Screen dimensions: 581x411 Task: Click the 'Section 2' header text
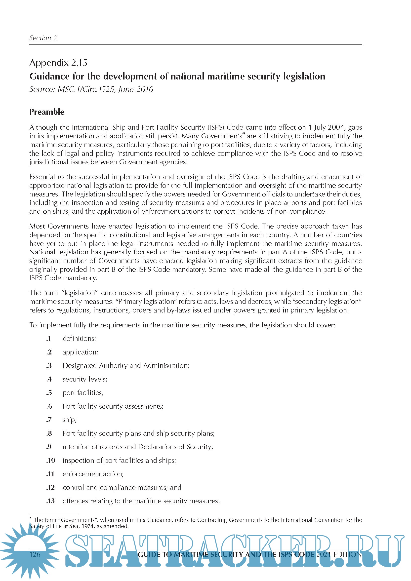click(43, 38)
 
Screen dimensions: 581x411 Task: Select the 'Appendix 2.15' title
click(58, 63)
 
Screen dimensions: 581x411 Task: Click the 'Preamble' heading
click(47, 112)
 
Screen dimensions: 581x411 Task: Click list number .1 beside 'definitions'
click(49, 339)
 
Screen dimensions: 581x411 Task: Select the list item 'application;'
click(80, 352)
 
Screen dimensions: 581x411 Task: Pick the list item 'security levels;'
click(85, 379)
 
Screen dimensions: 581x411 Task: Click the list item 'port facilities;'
click(83, 392)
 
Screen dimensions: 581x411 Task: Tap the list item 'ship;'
click(70, 420)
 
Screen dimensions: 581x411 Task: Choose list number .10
click(51, 460)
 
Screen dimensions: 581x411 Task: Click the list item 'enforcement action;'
click(93, 474)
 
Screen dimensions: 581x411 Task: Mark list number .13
click(51, 501)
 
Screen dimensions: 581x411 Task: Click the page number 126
click(35, 555)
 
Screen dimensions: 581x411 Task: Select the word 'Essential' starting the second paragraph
click(42, 177)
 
